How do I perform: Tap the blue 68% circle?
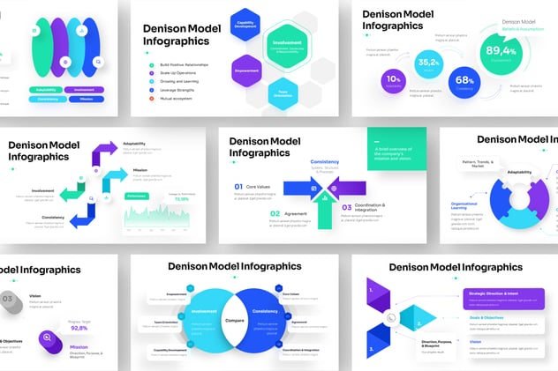pos(464,82)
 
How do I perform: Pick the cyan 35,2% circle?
pos(429,63)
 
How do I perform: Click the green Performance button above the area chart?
pos(137,195)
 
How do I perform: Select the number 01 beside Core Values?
pos(238,187)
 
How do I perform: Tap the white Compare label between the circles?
pos(234,320)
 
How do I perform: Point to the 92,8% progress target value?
pos(79,328)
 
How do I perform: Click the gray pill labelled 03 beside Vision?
pos(7,299)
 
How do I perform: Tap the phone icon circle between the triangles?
pos(390,318)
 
